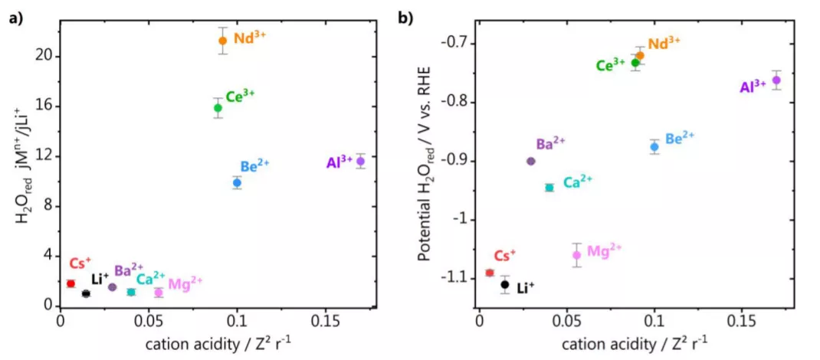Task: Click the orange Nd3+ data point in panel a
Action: point(223,41)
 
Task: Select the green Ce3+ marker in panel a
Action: point(218,108)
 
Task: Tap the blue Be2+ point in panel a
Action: point(238,182)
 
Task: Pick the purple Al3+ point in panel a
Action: point(360,161)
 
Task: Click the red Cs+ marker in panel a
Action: point(71,283)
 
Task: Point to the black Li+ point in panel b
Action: point(505,285)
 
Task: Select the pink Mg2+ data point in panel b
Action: point(577,255)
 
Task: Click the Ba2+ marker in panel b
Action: point(531,161)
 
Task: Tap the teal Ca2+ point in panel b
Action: point(549,188)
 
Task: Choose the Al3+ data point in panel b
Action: point(776,80)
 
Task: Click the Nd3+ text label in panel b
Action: point(663,43)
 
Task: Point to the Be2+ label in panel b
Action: point(679,139)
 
